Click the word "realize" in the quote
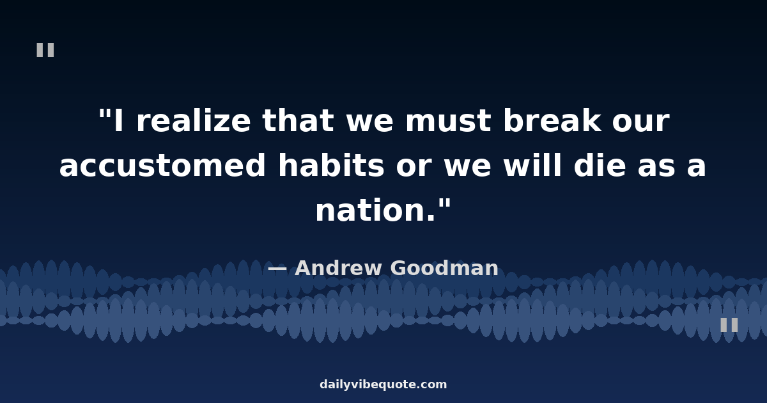pyautogui.click(x=194, y=121)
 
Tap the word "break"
pyautogui.click(x=552, y=120)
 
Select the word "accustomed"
pyautogui.click(x=162, y=166)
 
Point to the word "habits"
pyautogui.click(x=331, y=165)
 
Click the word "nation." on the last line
pyautogui.click(x=375, y=210)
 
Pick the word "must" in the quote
pyautogui.click(x=449, y=122)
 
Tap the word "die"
pyautogui.click(x=600, y=165)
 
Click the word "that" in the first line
pyautogui.click(x=298, y=121)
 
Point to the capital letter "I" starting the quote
pyautogui.click(x=118, y=121)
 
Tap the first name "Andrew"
pyautogui.click(x=338, y=268)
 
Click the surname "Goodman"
pyautogui.click(x=444, y=268)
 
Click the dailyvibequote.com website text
pyautogui.click(x=383, y=384)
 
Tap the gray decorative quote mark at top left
pyautogui.click(x=45, y=50)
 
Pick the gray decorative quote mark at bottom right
pyautogui.click(x=729, y=325)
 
